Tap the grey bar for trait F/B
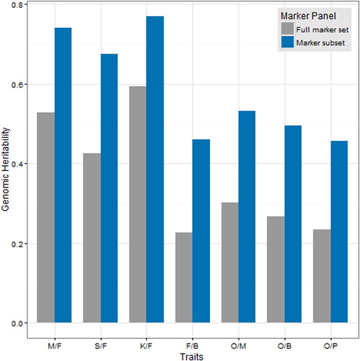pyautogui.click(x=183, y=277)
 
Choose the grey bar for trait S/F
pyautogui.click(x=92, y=238)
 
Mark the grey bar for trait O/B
pyautogui.click(x=276, y=269)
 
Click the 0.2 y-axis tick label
pyautogui.click(x=18, y=244)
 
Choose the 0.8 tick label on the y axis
pyautogui.click(x=18, y=5)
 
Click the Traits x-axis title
pyautogui.click(x=193, y=354)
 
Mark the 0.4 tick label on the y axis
pyautogui.click(x=18, y=164)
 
